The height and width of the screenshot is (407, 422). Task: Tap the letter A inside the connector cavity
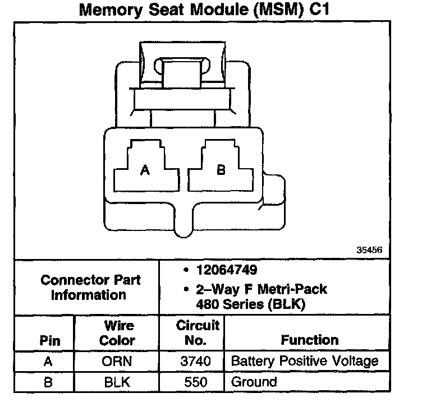click(145, 170)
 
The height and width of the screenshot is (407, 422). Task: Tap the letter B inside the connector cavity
click(221, 170)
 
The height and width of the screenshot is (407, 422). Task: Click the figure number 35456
click(369, 251)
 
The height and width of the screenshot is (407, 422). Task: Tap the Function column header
click(310, 340)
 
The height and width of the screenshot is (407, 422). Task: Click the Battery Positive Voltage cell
click(305, 362)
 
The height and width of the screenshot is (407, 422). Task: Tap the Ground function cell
click(254, 382)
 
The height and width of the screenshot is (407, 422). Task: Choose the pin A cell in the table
click(48, 362)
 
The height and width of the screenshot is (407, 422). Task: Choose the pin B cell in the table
click(48, 382)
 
